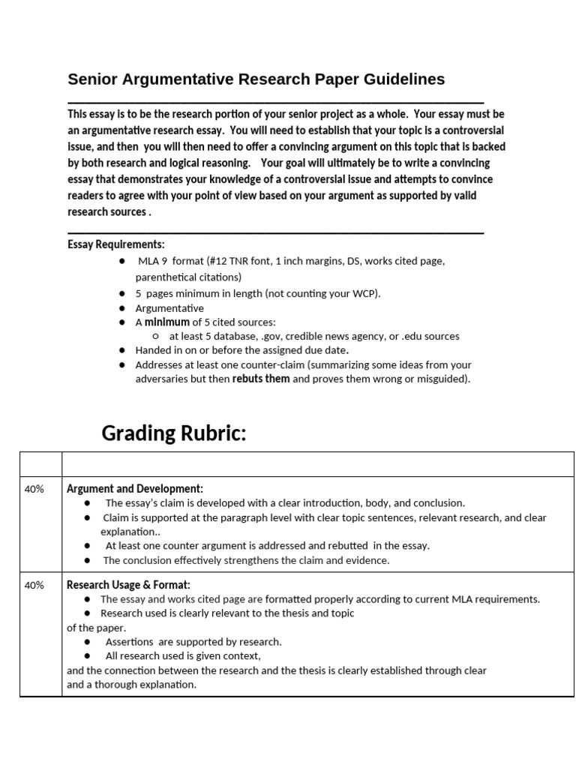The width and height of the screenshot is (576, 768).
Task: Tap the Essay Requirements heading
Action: pos(115,244)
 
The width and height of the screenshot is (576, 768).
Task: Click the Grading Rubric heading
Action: pos(174,433)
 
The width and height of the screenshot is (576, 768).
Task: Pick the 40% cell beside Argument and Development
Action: pos(34,488)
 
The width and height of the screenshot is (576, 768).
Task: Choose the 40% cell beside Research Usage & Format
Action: pos(34,585)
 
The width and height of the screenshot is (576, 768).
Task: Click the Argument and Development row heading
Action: pos(135,488)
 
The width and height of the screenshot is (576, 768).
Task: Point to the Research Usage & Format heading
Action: pos(128,585)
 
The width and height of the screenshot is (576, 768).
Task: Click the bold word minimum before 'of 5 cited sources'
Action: pos(166,322)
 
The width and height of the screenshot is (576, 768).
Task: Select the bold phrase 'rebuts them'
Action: pos(261,379)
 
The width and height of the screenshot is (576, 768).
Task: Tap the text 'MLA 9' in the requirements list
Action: pos(154,261)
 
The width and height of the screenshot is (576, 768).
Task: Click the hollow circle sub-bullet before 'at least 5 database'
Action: pos(155,336)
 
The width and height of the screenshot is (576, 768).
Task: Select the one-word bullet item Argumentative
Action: pos(169,307)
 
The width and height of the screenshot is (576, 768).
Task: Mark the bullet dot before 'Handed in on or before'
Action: pos(122,350)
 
